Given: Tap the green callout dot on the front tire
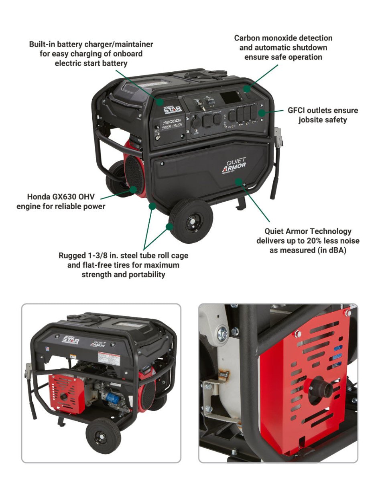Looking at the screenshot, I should (x=170, y=226).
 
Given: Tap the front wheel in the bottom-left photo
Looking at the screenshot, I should (x=103, y=435).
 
